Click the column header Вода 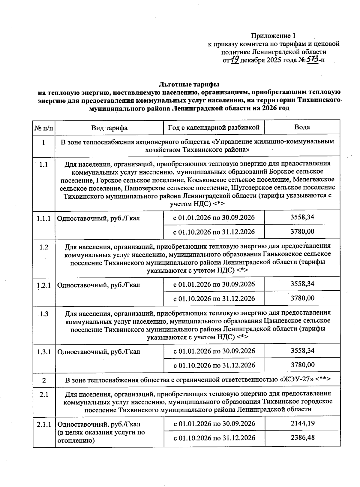click(302, 127)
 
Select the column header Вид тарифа click(109, 128)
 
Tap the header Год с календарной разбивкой click(214, 127)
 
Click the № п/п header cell click(44, 128)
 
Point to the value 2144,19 click(302, 423)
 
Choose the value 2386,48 click(302, 437)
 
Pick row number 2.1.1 click(44, 425)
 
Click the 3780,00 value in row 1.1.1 click(302, 231)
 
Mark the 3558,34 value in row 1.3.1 click(302, 350)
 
